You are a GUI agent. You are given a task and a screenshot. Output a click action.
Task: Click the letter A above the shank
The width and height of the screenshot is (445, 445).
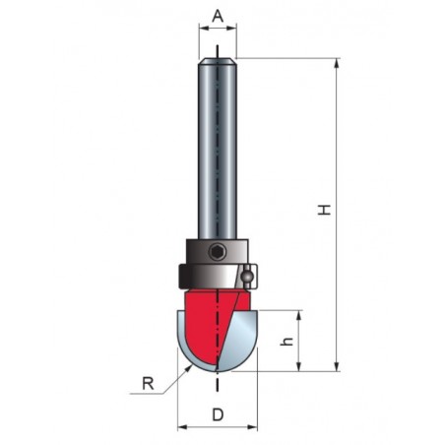pos(218,16)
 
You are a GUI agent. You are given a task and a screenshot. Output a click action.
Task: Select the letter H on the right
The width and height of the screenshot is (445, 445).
pos(325,210)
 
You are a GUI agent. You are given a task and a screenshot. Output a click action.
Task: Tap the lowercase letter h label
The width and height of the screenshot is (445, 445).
pos(287,341)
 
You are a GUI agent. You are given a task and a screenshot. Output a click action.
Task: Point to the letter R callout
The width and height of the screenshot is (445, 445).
pos(148,383)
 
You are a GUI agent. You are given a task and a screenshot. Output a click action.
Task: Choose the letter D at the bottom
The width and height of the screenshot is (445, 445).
pos(218,415)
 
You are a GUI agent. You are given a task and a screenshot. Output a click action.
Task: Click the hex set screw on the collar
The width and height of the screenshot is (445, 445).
pos(218,252)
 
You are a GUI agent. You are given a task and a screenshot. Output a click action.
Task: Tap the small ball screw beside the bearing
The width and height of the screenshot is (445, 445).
pos(247,277)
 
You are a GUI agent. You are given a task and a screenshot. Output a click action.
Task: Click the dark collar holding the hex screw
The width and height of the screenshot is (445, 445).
pos(218,251)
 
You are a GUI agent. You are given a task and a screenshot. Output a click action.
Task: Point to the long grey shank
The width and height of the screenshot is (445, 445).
pos(218,149)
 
